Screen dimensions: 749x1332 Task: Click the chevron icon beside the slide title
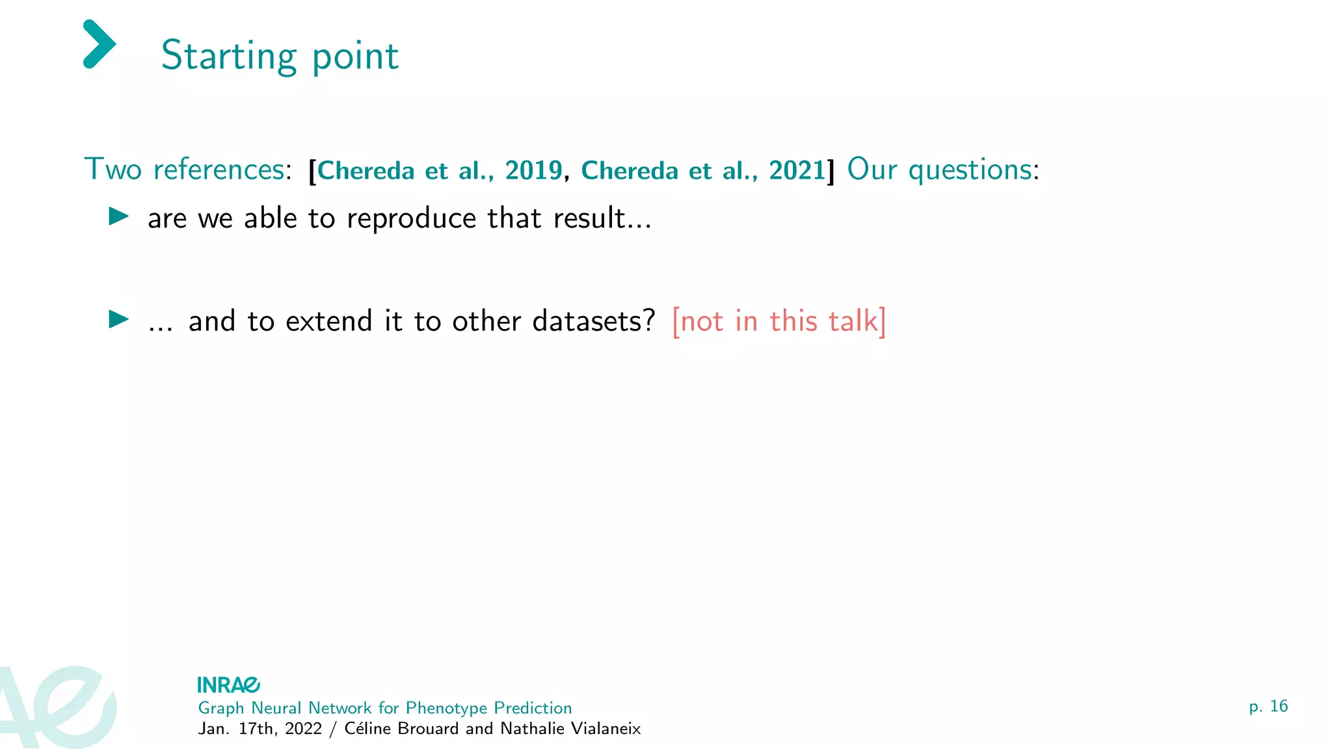(x=100, y=44)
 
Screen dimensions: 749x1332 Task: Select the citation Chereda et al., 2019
(x=440, y=171)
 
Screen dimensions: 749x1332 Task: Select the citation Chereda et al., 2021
(x=703, y=171)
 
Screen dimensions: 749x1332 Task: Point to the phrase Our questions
(x=939, y=170)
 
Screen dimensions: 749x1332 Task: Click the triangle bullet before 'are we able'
(x=118, y=216)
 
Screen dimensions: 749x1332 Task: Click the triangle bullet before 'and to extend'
(x=118, y=319)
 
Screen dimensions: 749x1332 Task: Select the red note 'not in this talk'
(x=779, y=321)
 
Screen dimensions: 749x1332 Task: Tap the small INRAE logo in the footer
(x=228, y=685)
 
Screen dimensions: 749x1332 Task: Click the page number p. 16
(x=1268, y=707)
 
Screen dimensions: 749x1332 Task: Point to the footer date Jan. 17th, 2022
(x=260, y=729)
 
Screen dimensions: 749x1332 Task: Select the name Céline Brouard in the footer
(x=401, y=729)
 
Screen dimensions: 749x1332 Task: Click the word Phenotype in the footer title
(x=446, y=708)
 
